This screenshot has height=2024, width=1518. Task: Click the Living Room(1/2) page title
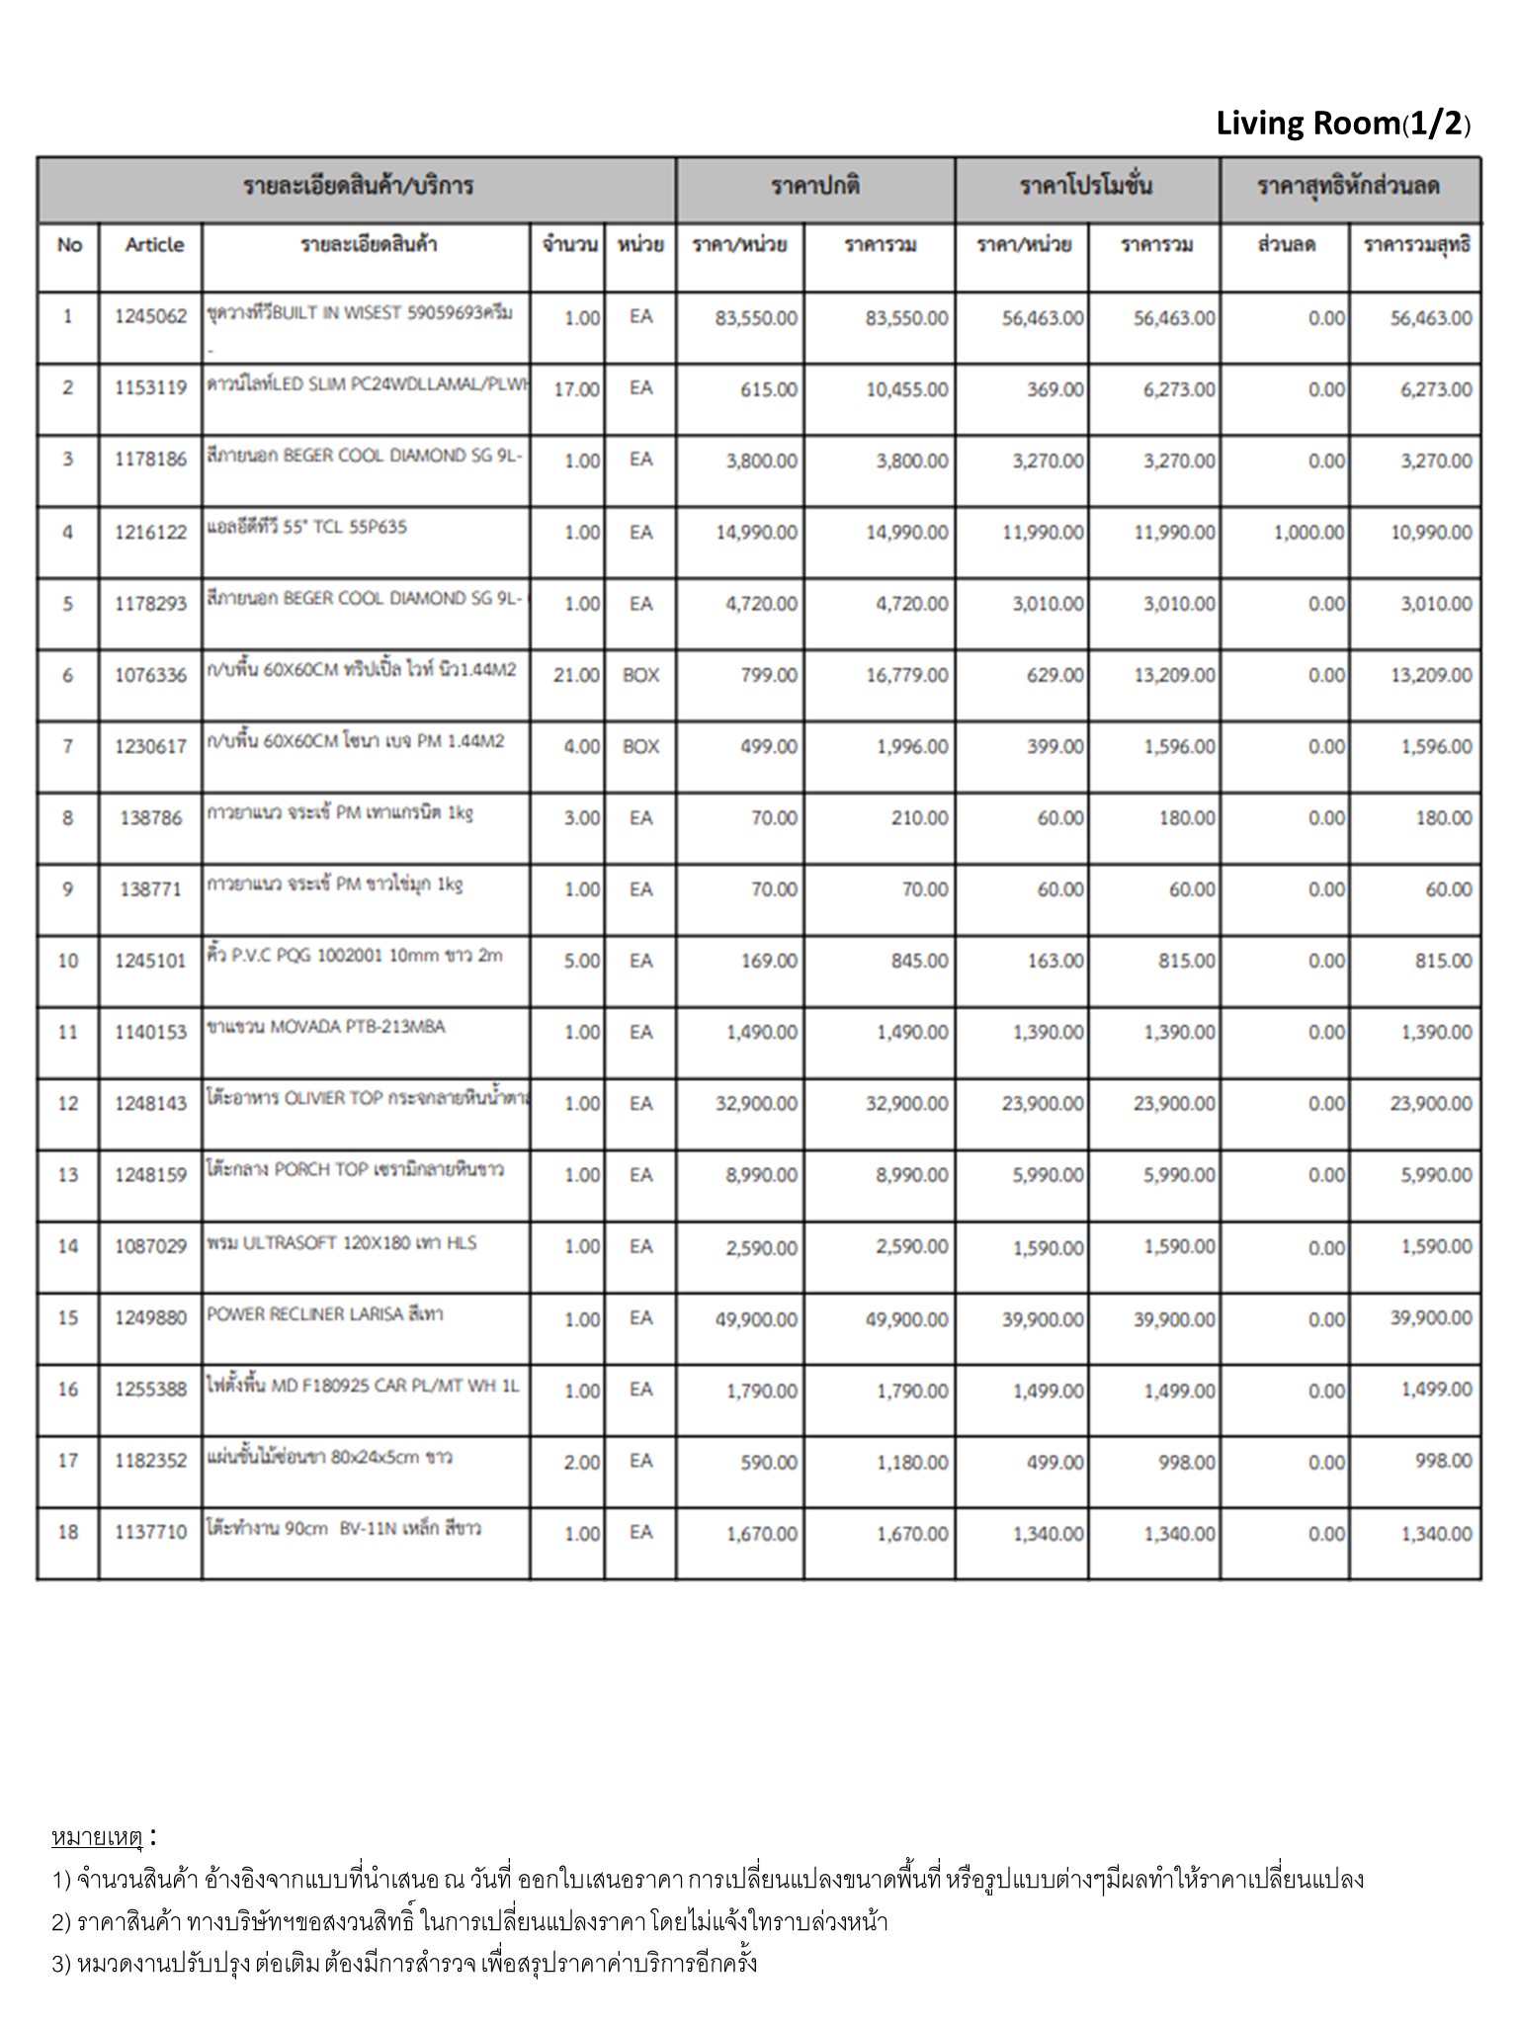click(x=1342, y=125)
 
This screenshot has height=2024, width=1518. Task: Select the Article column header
click(x=154, y=245)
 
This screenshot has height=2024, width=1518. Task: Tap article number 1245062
click(x=150, y=317)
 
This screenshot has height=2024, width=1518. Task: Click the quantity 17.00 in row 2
click(x=576, y=389)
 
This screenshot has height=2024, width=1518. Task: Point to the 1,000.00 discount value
click(x=1308, y=533)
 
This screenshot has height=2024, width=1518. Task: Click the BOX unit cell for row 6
click(x=640, y=676)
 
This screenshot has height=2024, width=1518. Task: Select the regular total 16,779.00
click(x=906, y=676)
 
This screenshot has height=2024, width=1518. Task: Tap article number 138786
click(x=150, y=818)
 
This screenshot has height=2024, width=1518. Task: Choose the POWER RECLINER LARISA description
click(x=325, y=1314)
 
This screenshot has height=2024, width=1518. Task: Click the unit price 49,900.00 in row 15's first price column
click(x=756, y=1319)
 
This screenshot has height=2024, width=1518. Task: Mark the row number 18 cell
click(x=68, y=1533)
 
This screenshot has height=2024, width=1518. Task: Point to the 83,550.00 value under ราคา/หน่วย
click(x=756, y=318)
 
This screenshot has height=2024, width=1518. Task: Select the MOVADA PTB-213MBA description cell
click(x=326, y=1027)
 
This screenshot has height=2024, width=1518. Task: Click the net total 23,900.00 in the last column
click(x=1430, y=1104)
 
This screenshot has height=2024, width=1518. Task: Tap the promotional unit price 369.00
click(x=1054, y=389)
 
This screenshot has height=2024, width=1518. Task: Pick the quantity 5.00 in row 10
click(x=581, y=962)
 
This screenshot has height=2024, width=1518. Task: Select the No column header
click(x=69, y=245)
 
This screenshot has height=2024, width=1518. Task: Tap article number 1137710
click(x=150, y=1533)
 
